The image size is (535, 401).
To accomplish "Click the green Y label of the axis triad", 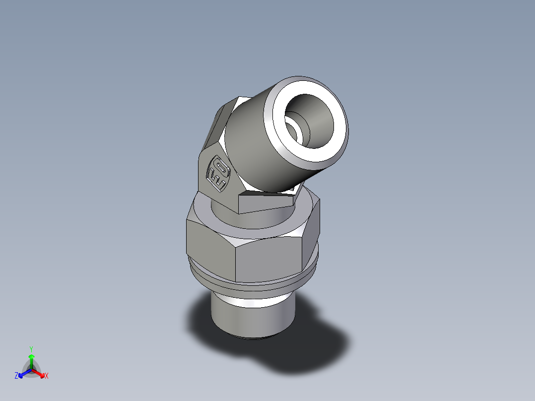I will (x=31, y=348).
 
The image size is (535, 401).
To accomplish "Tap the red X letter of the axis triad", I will (x=47, y=376).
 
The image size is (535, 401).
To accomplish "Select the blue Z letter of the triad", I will (x=16, y=376).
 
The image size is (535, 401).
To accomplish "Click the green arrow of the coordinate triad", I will (x=31, y=359).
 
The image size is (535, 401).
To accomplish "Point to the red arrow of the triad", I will (x=39, y=372).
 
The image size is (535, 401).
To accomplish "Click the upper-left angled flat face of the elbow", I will (x=218, y=124).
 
